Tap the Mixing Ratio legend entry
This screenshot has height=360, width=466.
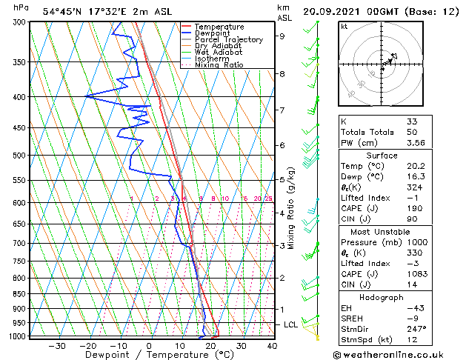point(219,65)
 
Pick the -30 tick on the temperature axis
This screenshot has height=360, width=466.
point(56,346)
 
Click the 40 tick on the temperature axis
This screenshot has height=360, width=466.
point(272,346)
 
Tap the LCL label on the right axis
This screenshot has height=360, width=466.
point(291,324)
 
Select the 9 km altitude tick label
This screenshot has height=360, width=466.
point(282,36)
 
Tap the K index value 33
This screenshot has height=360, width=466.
point(412,121)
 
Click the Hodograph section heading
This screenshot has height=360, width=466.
point(382,297)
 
